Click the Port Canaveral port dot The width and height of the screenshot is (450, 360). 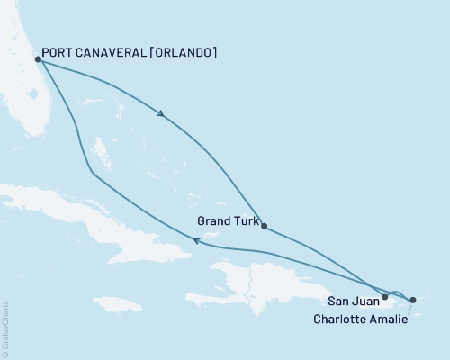pyautogui.click(x=37, y=60)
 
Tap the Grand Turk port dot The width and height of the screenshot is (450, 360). pyautogui.click(x=263, y=226)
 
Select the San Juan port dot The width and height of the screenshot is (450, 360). pyautogui.click(x=385, y=296)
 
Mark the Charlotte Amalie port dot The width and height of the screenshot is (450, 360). pyautogui.click(x=412, y=300)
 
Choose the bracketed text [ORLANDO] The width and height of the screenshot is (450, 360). pyautogui.click(x=184, y=53)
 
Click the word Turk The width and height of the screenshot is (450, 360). pyautogui.click(x=246, y=219)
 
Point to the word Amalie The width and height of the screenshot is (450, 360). pyautogui.click(x=390, y=319)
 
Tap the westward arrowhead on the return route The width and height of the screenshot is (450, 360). pyautogui.click(x=197, y=239)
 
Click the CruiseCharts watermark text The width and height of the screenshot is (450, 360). pyautogui.click(x=6, y=329)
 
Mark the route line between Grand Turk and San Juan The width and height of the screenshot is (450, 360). pyautogui.click(x=324, y=261)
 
